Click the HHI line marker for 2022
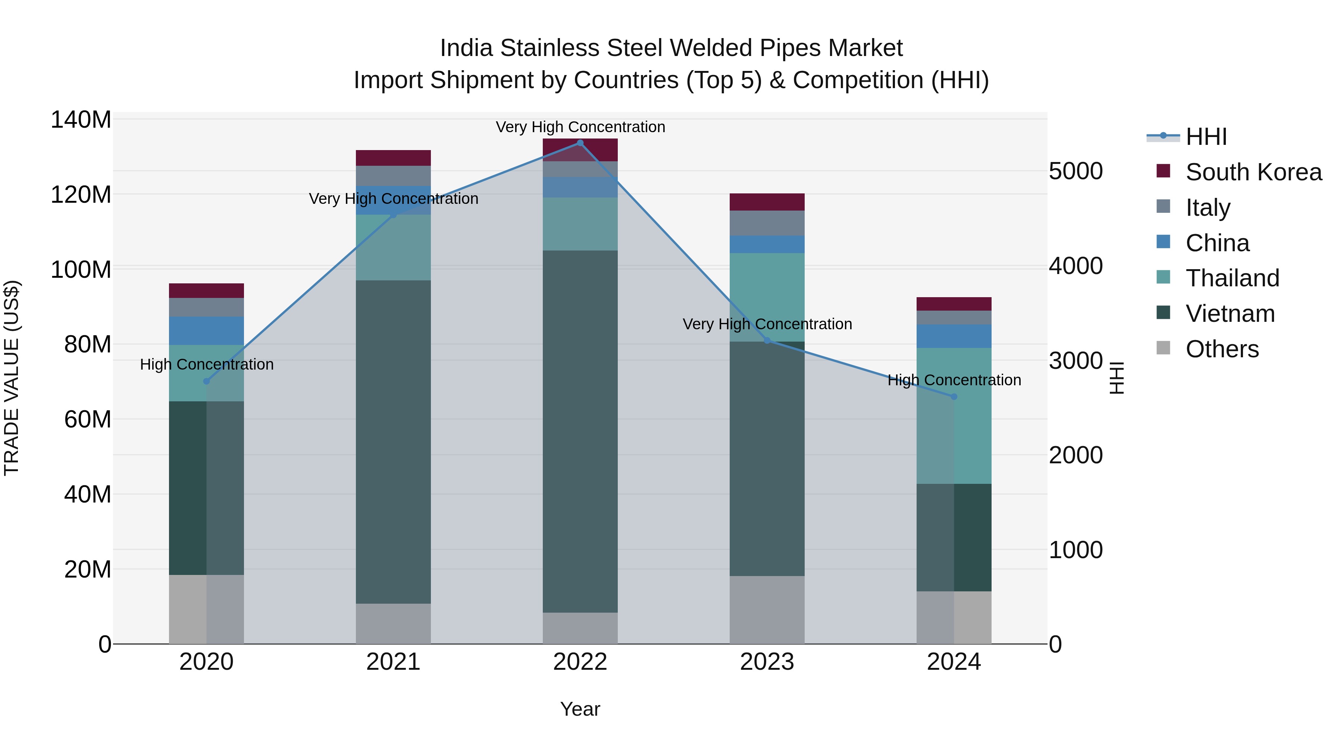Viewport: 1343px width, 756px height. click(x=580, y=143)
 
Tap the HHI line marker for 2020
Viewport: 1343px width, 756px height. click(x=206, y=382)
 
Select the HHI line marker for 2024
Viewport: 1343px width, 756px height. click(x=954, y=396)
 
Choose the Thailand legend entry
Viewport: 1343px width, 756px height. click(x=1232, y=278)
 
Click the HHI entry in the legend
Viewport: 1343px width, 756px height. click(x=1205, y=137)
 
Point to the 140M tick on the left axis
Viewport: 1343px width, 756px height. click(x=81, y=120)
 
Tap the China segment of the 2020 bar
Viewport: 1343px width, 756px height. click(x=206, y=331)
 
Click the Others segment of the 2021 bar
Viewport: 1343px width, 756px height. click(x=393, y=623)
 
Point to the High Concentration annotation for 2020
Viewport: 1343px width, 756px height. click(x=206, y=364)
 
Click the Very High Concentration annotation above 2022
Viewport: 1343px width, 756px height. click(x=580, y=127)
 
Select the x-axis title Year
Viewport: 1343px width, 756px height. click(x=580, y=709)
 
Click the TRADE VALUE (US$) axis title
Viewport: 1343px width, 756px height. click(x=12, y=378)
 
